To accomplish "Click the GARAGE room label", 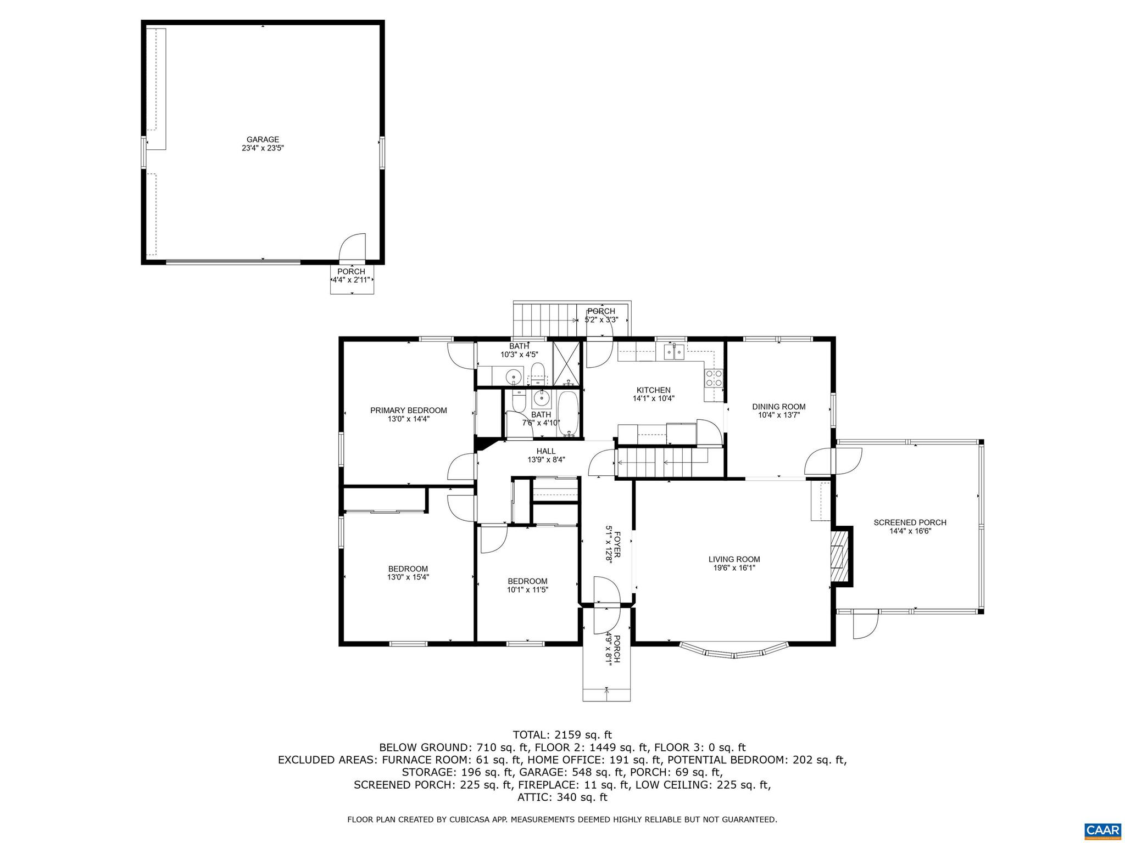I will point(263,139).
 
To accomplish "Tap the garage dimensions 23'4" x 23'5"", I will point(263,148).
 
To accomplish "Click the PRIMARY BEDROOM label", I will point(408,410).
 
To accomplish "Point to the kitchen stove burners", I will point(714,378).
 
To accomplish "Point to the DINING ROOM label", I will point(778,407).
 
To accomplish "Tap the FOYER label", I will point(616,544).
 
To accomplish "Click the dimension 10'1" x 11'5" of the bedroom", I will point(527,590).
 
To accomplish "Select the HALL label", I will point(545,451).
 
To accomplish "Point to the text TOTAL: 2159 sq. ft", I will point(562,734).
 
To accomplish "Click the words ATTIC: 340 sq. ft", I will point(562,797).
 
